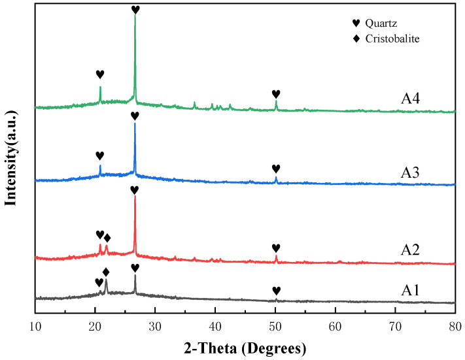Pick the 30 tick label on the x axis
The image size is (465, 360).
pos(155,318)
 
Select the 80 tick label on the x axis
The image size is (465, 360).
pos(455,318)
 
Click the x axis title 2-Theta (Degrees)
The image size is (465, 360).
pos(244,344)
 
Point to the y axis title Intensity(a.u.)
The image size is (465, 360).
pos(11,157)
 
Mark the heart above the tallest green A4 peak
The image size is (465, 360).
pos(135,10)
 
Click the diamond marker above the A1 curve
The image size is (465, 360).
pos(106,271)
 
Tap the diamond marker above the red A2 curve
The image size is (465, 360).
pos(107,238)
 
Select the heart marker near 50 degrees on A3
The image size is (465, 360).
pos(275,169)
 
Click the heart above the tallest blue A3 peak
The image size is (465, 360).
pos(135,116)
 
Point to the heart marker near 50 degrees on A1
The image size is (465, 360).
pos(276,291)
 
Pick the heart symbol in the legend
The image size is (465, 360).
pos(337,24)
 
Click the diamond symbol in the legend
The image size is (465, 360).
pos(337,39)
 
